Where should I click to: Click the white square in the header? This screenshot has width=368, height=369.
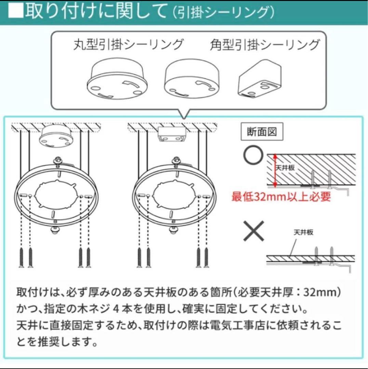coord(16,11)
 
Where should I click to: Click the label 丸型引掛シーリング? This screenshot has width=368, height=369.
coord(128,44)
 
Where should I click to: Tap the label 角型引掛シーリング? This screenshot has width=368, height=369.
coord(265,44)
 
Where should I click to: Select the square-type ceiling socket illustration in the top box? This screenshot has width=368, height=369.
coord(260,79)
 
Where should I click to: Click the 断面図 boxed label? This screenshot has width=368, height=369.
coord(262,132)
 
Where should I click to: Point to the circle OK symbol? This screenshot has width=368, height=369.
coord(253,155)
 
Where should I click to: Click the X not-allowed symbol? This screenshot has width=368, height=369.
coord(254,231)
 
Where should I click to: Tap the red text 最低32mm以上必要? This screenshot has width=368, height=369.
coord(281,196)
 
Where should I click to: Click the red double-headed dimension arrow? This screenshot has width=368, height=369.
coord(275,170)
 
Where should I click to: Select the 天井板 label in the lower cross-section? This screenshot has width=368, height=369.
coord(303,232)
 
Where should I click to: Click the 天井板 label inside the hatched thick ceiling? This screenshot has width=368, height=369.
coord(285,167)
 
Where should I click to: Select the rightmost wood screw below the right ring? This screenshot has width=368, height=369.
coord(207,258)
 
